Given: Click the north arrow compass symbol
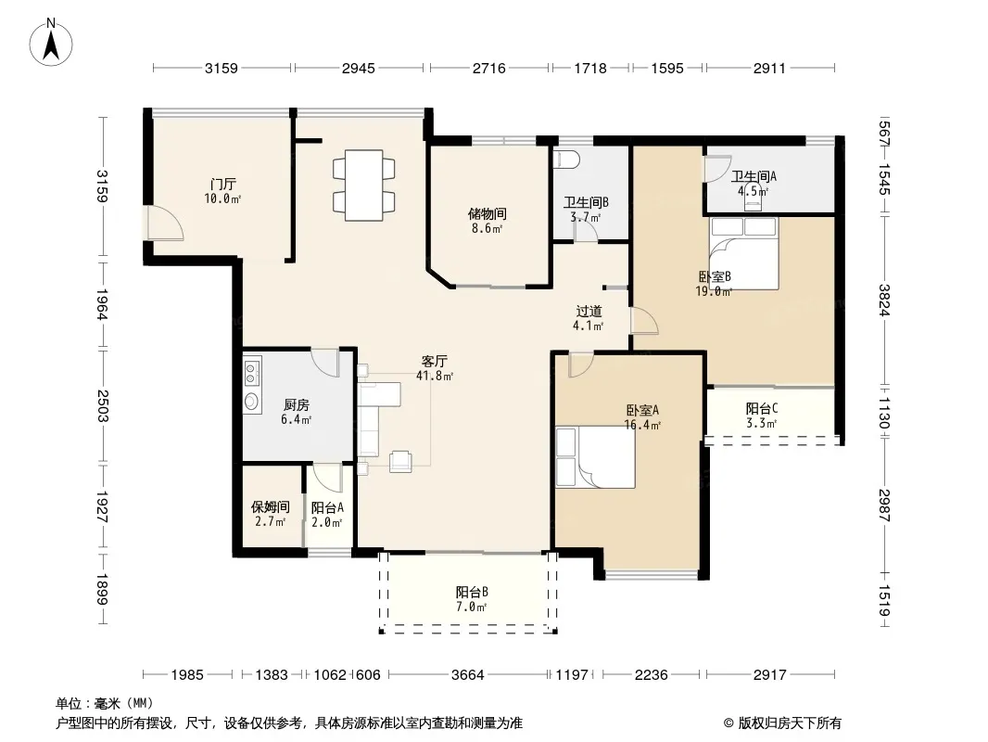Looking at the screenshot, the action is (x=51, y=43).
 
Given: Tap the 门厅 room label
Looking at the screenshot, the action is (x=223, y=185).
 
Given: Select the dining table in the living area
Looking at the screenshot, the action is (x=364, y=185).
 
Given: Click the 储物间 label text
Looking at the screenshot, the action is (x=488, y=214).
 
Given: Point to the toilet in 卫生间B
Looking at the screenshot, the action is (x=566, y=159).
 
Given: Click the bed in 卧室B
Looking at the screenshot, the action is (x=744, y=253).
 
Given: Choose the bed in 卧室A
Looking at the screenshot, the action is (x=595, y=457).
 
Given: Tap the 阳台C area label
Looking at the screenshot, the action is (x=761, y=409).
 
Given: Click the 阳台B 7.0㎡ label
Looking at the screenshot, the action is (x=472, y=599).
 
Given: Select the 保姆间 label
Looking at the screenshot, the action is (x=271, y=506).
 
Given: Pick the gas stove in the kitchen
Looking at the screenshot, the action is (x=252, y=372).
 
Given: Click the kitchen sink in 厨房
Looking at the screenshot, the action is (x=252, y=402).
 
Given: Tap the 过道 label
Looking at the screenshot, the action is (x=589, y=312).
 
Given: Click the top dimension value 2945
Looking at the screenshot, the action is (x=358, y=68).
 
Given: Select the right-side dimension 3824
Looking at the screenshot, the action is (x=885, y=301).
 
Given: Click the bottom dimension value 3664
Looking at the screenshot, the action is (x=467, y=675).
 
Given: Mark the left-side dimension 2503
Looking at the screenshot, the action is (x=103, y=406).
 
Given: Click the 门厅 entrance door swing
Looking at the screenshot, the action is (x=165, y=223).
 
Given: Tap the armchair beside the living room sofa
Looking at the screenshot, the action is (x=400, y=461).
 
